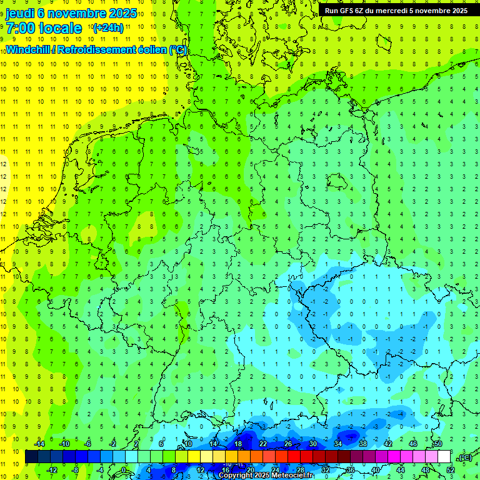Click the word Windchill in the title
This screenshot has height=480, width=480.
(x=29, y=49)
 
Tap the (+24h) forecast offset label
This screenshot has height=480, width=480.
(x=107, y=28)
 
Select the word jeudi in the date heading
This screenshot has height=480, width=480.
(x=20, y=13)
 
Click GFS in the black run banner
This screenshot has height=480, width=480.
(x=346, y=11)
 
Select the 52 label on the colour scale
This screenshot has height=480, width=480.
(x=451, y=469)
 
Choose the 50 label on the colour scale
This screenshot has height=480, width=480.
(x=438, y=444)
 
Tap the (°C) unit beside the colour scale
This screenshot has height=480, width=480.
(x=464, y=457)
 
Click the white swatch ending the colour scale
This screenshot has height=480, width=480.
(x=444, y=457)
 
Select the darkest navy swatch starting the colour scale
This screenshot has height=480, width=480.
(x=31, y=457)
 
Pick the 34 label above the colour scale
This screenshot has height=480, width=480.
(x=337, y=444)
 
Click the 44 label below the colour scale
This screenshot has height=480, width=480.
(x=401, y=469)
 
